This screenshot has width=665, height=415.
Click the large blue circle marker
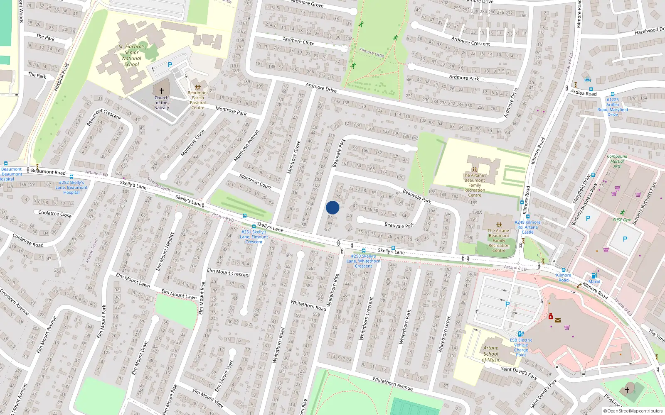[x=332, y=207]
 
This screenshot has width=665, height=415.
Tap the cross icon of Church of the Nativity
[x=162, y=90]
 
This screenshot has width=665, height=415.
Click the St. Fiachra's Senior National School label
[x=132, y=56]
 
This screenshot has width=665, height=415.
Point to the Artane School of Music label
[x=491, y=354]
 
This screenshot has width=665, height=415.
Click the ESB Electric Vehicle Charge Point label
[x=521, y=347]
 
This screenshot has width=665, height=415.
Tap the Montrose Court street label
[x=255, y=181]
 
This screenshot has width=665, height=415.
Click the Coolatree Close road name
[x=55, y=214]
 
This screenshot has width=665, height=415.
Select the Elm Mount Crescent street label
[x=229, y=273]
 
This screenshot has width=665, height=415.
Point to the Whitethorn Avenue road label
[x=392, y=384]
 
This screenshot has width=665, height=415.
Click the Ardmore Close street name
[x=298, y=41]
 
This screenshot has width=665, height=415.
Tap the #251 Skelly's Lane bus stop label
[x=254, y=237]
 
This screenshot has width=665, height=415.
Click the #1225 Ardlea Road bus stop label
[x=613, y=107]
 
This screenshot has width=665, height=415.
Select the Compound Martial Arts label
[x=617, y=161]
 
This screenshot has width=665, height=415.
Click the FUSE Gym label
[x=622, y=220]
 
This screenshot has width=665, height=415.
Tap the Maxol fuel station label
[x=594, y=282]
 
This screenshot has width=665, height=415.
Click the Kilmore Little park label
[x=372, y=52]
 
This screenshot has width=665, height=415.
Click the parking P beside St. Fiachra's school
[x=170, y=65]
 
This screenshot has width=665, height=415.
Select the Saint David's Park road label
[x=519, y=373]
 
